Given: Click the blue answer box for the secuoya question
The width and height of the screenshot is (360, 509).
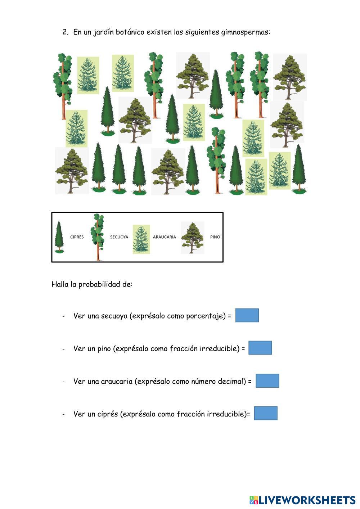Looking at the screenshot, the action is pos(247,315).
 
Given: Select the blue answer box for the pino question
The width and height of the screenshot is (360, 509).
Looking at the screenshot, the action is pos(260,347).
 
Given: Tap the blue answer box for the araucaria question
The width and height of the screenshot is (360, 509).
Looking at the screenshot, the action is pos(267,380).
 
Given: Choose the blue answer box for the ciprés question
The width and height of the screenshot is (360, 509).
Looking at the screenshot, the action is pos(266,413).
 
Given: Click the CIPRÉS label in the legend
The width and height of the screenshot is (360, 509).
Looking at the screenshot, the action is pos(77,237).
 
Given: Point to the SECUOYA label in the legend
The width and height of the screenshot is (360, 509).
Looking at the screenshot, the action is pos(119,237).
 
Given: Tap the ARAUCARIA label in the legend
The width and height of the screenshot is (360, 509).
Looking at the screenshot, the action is pos(164,237).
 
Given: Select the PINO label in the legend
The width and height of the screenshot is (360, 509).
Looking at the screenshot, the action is pos(215,237).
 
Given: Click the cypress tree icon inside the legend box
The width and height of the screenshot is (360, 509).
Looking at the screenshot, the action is pos(59,237).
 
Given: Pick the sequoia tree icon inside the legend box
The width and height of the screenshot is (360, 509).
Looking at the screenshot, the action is pos(98,237).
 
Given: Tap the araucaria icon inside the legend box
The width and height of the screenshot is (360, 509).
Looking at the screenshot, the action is pos(141,239).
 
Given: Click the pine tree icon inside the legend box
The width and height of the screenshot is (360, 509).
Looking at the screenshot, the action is pos(193,238).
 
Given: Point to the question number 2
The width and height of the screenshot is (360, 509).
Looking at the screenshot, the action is pos(65,32).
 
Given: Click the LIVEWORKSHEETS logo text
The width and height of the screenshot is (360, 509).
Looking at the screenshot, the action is pos(302,500).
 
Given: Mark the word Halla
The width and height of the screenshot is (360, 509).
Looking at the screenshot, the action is pos(60,284).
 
